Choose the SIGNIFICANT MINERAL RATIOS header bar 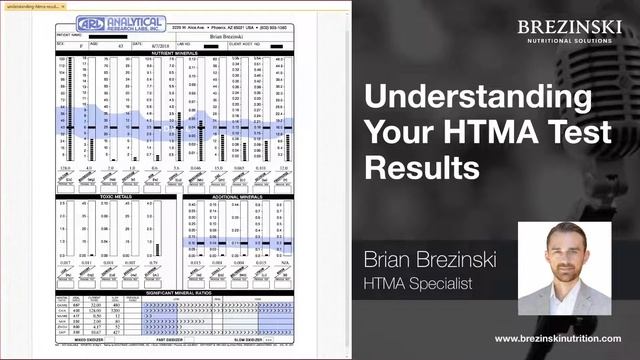point(177,292)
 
